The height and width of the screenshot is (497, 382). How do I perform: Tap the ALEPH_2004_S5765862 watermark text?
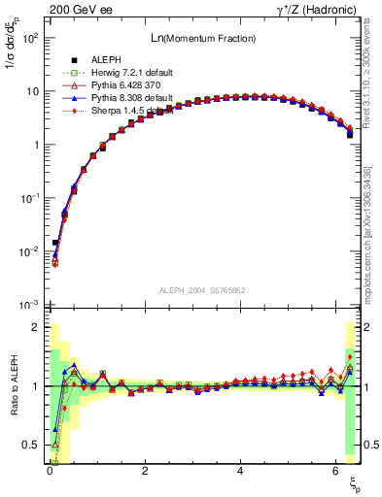(x=203, y=290)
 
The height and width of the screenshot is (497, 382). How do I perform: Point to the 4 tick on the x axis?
(x=240, y=470)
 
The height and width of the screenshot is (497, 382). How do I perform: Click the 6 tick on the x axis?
(x=335, y=470)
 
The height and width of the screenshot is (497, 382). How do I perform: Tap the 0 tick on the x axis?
(x=50, y=470)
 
